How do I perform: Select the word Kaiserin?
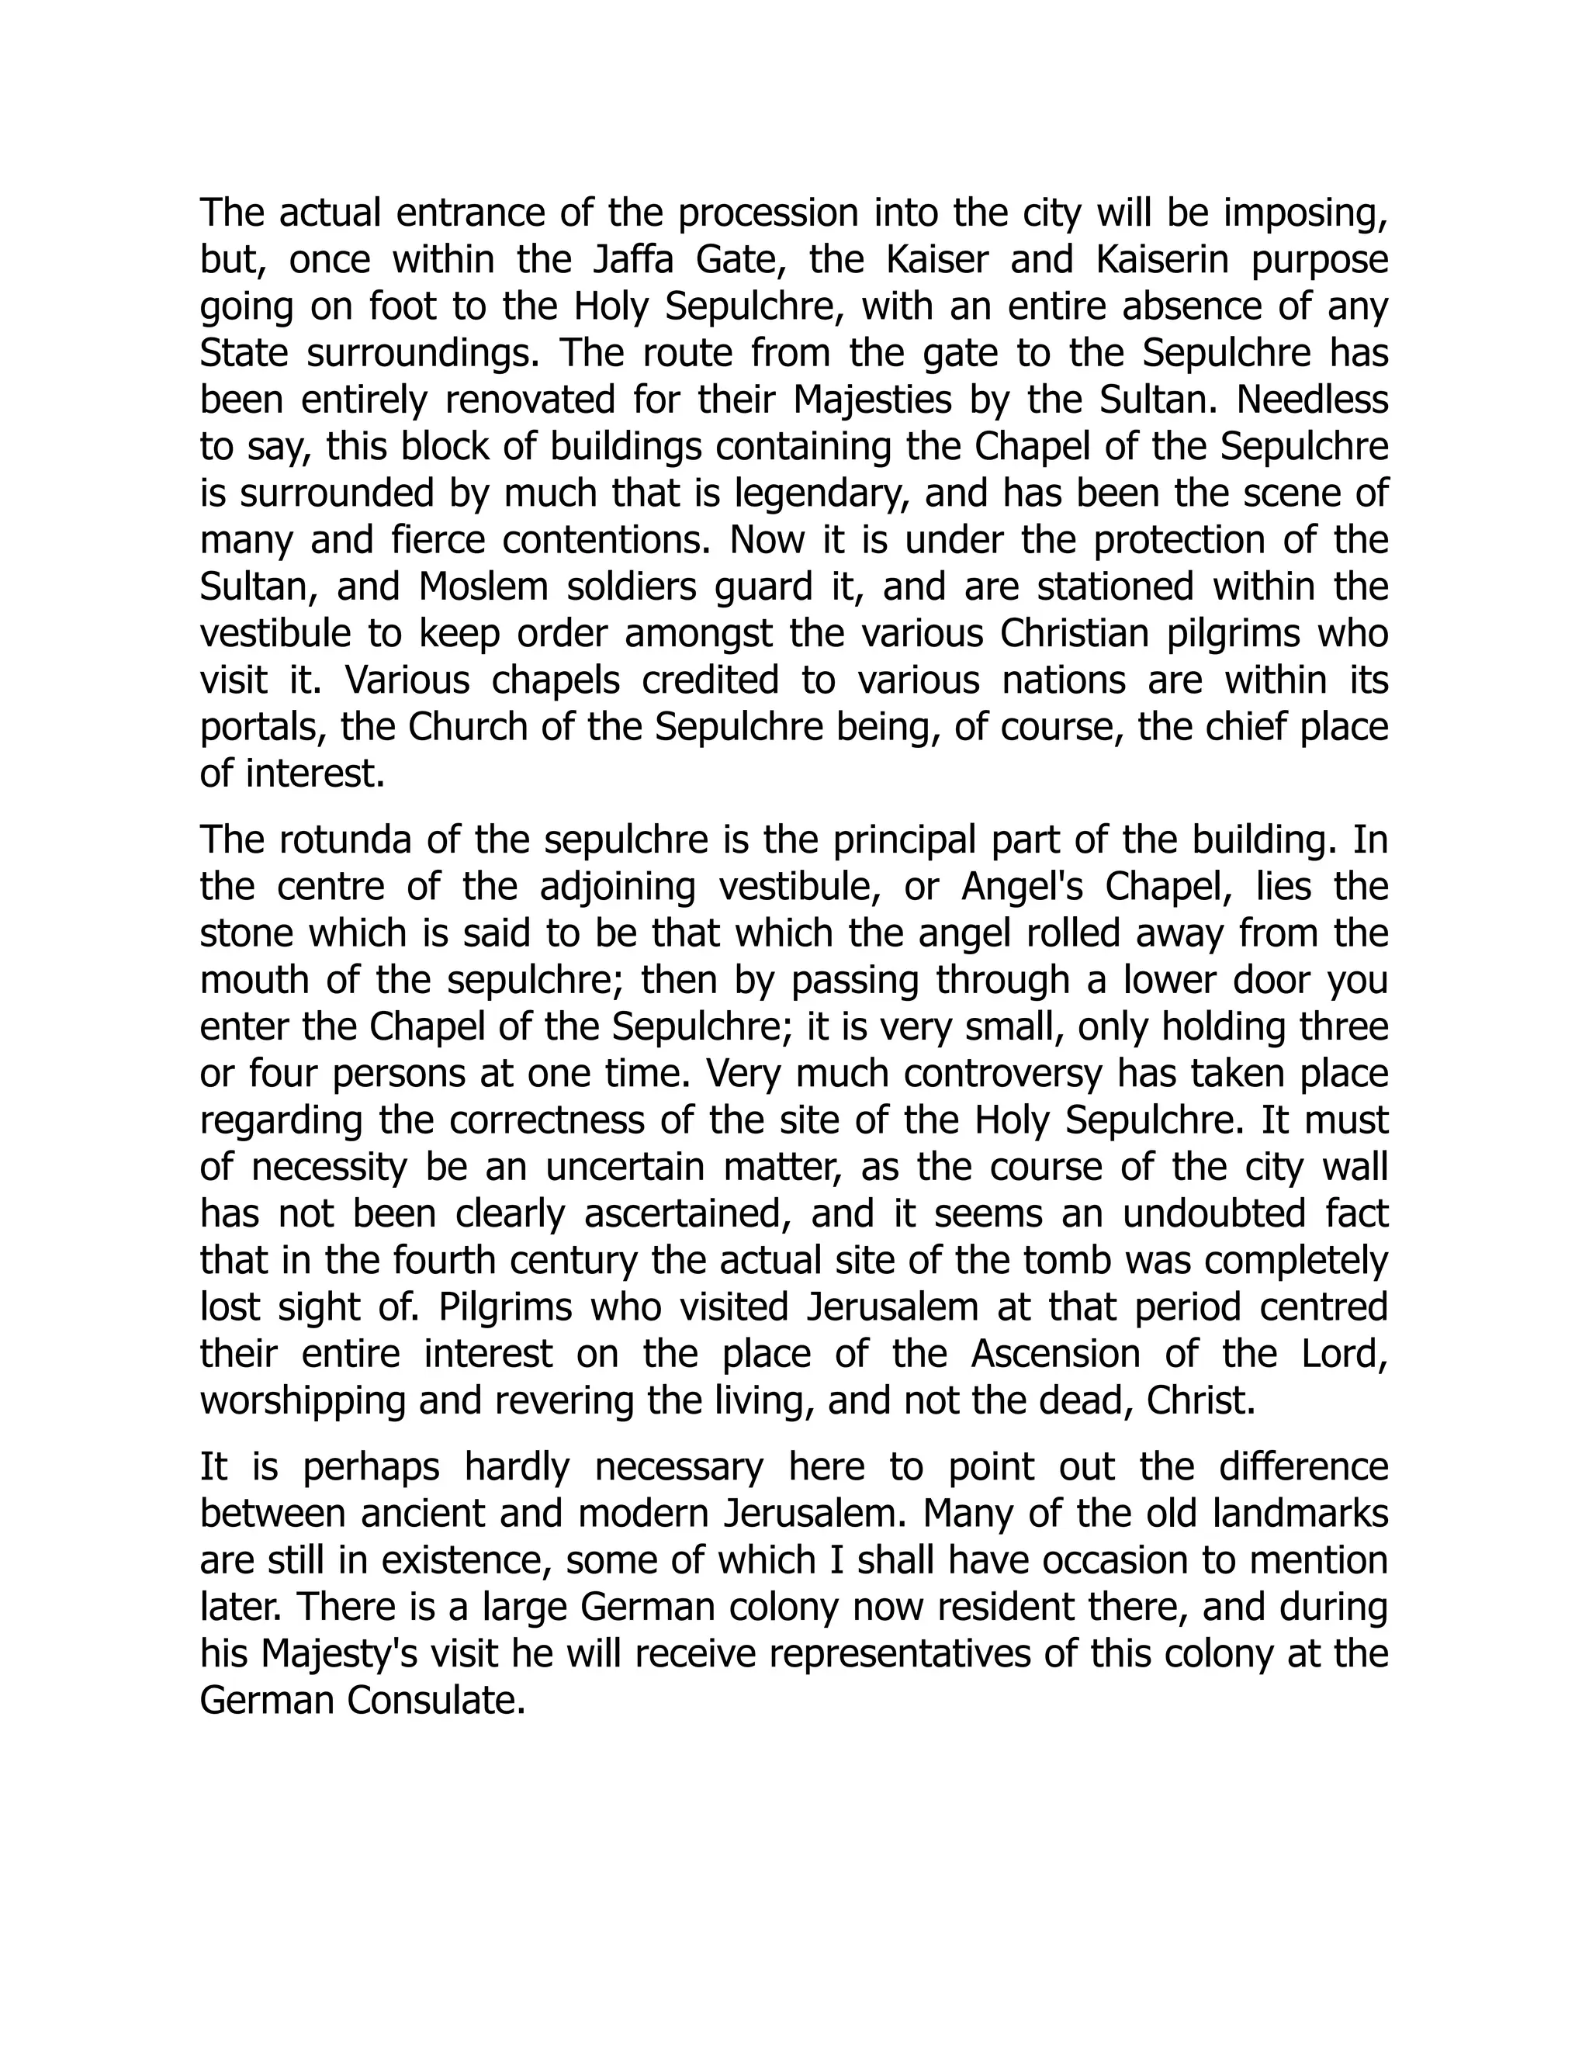pos(1162,259)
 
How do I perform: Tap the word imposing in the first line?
pos(1306,213)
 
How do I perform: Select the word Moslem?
pos(483,587)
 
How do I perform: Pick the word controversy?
pos(950,1073)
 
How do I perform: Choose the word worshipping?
pos(301,1400)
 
